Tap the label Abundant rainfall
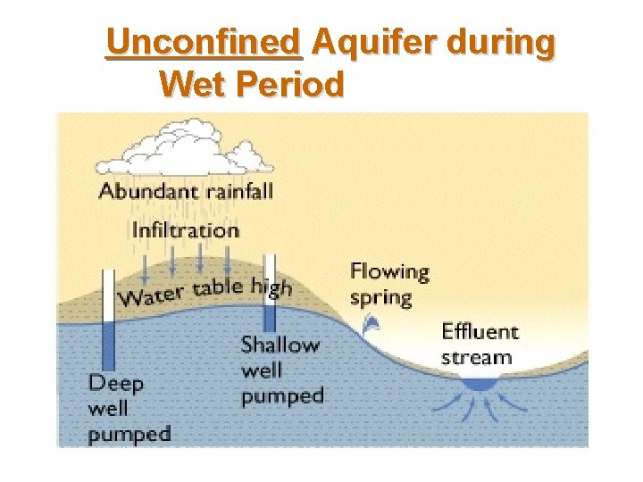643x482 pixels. pyautogui.click(x=186, y=190)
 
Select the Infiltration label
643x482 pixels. pyautogui.click(x=186, y=229)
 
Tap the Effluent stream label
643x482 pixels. pyautogui.click(x=480, y=345)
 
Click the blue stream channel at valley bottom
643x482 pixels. pyautogui.click(x=481, y=382)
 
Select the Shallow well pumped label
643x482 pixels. pyautogui.click(x=281, y=370)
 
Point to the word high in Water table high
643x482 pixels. pyautogui.click(x=271, y=286)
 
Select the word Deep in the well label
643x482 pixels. pyautogui.click(x=116, y=384)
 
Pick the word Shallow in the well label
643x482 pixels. pyautogui.click(x=280, y=345)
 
